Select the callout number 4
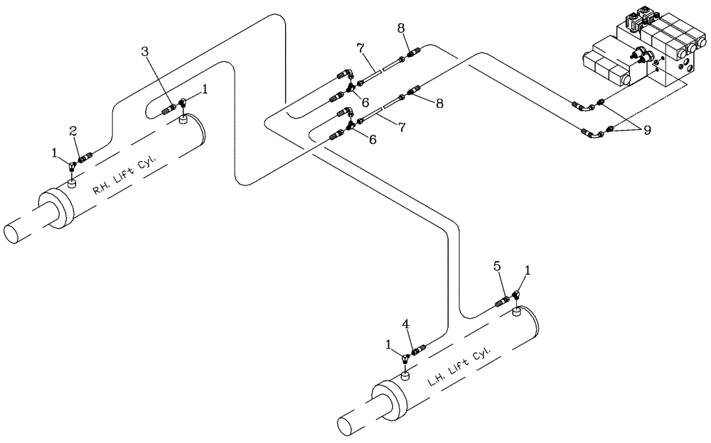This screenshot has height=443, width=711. coord(405,325)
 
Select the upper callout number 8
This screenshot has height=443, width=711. coord(401,30)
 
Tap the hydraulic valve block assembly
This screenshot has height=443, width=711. coord(640,60)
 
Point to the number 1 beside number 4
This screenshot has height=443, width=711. coord(387,344)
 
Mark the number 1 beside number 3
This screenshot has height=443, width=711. coord(206,89)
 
